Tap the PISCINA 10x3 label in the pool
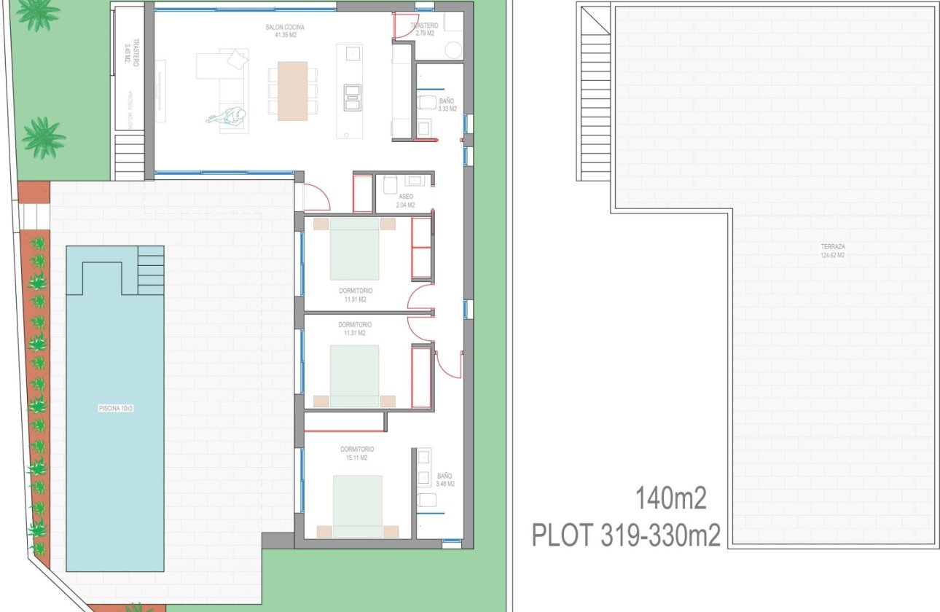click(116, 409)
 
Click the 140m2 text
click(671, 500)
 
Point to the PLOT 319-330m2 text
click(626, 536)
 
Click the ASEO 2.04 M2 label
click(406, 201)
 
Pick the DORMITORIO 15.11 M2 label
click(356, 453)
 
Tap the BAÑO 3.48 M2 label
click(444, 479)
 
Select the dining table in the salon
click(293, 90)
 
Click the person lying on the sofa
click(228, 117)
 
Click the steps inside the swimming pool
click(150, 270)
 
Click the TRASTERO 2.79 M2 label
click(424, 29)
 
